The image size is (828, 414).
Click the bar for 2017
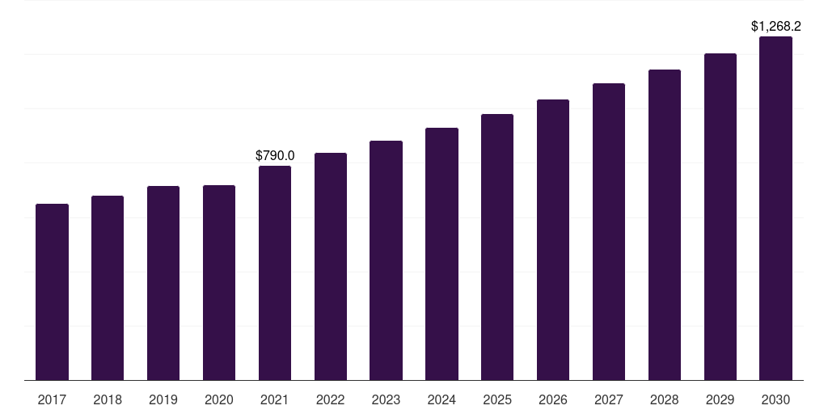(52, 292)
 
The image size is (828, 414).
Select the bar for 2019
(163, 283)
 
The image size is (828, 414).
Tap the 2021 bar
(275, 273)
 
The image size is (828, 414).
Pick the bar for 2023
(386, 260)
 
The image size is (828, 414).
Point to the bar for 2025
(497, 247)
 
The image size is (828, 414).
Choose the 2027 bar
(609, 232)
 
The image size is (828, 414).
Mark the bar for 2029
(720, 217)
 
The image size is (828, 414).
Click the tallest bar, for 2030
(775, 209)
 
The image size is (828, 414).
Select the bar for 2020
(219, 283)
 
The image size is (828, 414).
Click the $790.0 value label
(275, 156)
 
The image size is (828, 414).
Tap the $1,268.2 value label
(776, 27)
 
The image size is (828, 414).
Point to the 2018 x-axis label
(108, 399)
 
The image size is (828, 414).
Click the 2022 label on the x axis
(331, 399)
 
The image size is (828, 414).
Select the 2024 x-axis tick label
(442, 399)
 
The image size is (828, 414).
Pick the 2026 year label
(553, 399)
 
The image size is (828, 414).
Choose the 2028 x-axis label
(665, 399)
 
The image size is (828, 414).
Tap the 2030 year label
(775, 399)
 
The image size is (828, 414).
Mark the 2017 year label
(52, 399)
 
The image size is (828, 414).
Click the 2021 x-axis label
(275, 399)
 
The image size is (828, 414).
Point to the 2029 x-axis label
(720, 399)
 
